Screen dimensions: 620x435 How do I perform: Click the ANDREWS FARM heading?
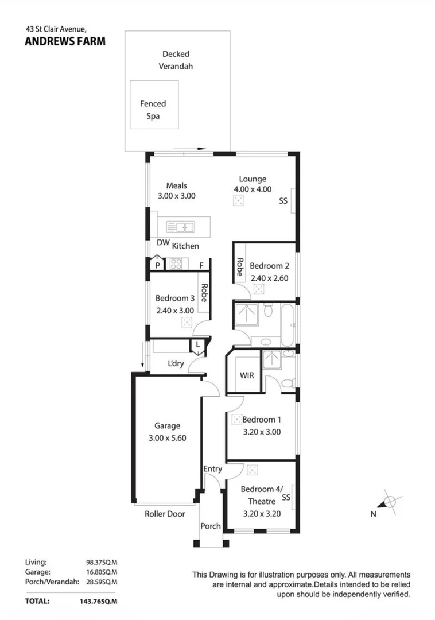click(x=65, y=41)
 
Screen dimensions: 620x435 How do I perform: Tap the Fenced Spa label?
click(x=153, y=110)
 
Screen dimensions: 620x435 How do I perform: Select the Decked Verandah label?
click(x=176, y=60)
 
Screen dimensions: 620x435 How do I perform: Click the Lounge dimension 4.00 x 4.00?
click(x=253, y=189)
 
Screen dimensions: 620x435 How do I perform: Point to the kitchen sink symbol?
click(x=184, y=227)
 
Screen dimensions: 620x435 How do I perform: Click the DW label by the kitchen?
click(x=163, y=243)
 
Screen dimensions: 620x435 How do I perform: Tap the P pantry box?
click(x=157, y=265)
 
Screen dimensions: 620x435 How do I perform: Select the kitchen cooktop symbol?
click(x=176, y=265)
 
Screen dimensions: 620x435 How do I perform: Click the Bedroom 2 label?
click(x=269, y=266)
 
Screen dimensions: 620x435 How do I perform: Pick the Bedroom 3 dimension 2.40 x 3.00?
click(x=176, y=310)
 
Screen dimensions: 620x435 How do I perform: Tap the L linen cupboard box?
click(x=197, y=344)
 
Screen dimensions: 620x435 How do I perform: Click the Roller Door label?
click(x=165, y=514)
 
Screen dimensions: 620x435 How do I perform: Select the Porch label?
click(x=211, y=526)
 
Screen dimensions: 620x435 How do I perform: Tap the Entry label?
click(x=212, y=469)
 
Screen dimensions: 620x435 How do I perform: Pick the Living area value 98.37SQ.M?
click(x=102, y=562)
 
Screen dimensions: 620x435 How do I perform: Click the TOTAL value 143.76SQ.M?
click(x=99, y=601)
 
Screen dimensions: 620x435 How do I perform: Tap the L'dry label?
click(x=176, y=363)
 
